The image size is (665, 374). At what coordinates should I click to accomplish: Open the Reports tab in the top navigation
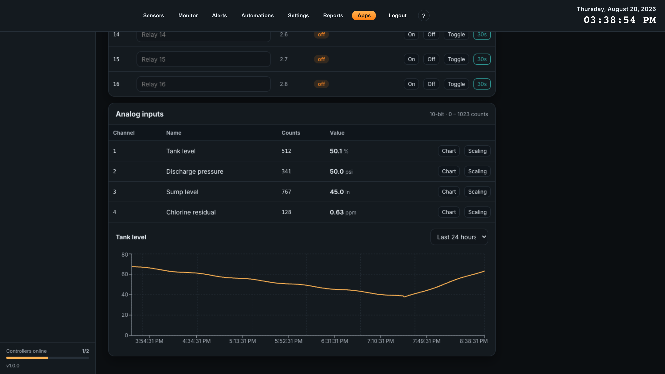[333, 16]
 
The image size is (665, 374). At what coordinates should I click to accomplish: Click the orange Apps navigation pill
[364, 16]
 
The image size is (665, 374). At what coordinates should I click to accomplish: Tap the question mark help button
[424, 16]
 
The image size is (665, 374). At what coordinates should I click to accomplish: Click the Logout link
[397, 16]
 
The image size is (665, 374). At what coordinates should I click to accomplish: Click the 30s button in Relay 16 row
[482, 84]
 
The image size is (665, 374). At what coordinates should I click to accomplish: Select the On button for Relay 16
[411, 84]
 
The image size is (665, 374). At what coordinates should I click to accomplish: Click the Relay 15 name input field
[203, 59]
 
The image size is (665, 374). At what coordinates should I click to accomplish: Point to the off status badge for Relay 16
[321, 84]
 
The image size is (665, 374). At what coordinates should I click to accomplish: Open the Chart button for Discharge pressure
[449, 171]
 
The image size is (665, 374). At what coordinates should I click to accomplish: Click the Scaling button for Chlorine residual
[477, 212]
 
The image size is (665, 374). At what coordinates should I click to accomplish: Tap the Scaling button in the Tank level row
[477, 151]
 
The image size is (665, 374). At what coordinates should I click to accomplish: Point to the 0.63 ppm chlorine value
[343, 212]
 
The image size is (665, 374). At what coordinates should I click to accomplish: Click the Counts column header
[291, 133]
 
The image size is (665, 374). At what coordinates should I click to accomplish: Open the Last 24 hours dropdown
[459, 237]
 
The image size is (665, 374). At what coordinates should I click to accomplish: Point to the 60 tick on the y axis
[125, 274]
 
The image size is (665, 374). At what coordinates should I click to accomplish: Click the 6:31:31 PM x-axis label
[334, 341]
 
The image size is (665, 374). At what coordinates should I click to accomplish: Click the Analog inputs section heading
[139, 114]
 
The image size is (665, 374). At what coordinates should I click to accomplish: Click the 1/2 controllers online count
[85, 351]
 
